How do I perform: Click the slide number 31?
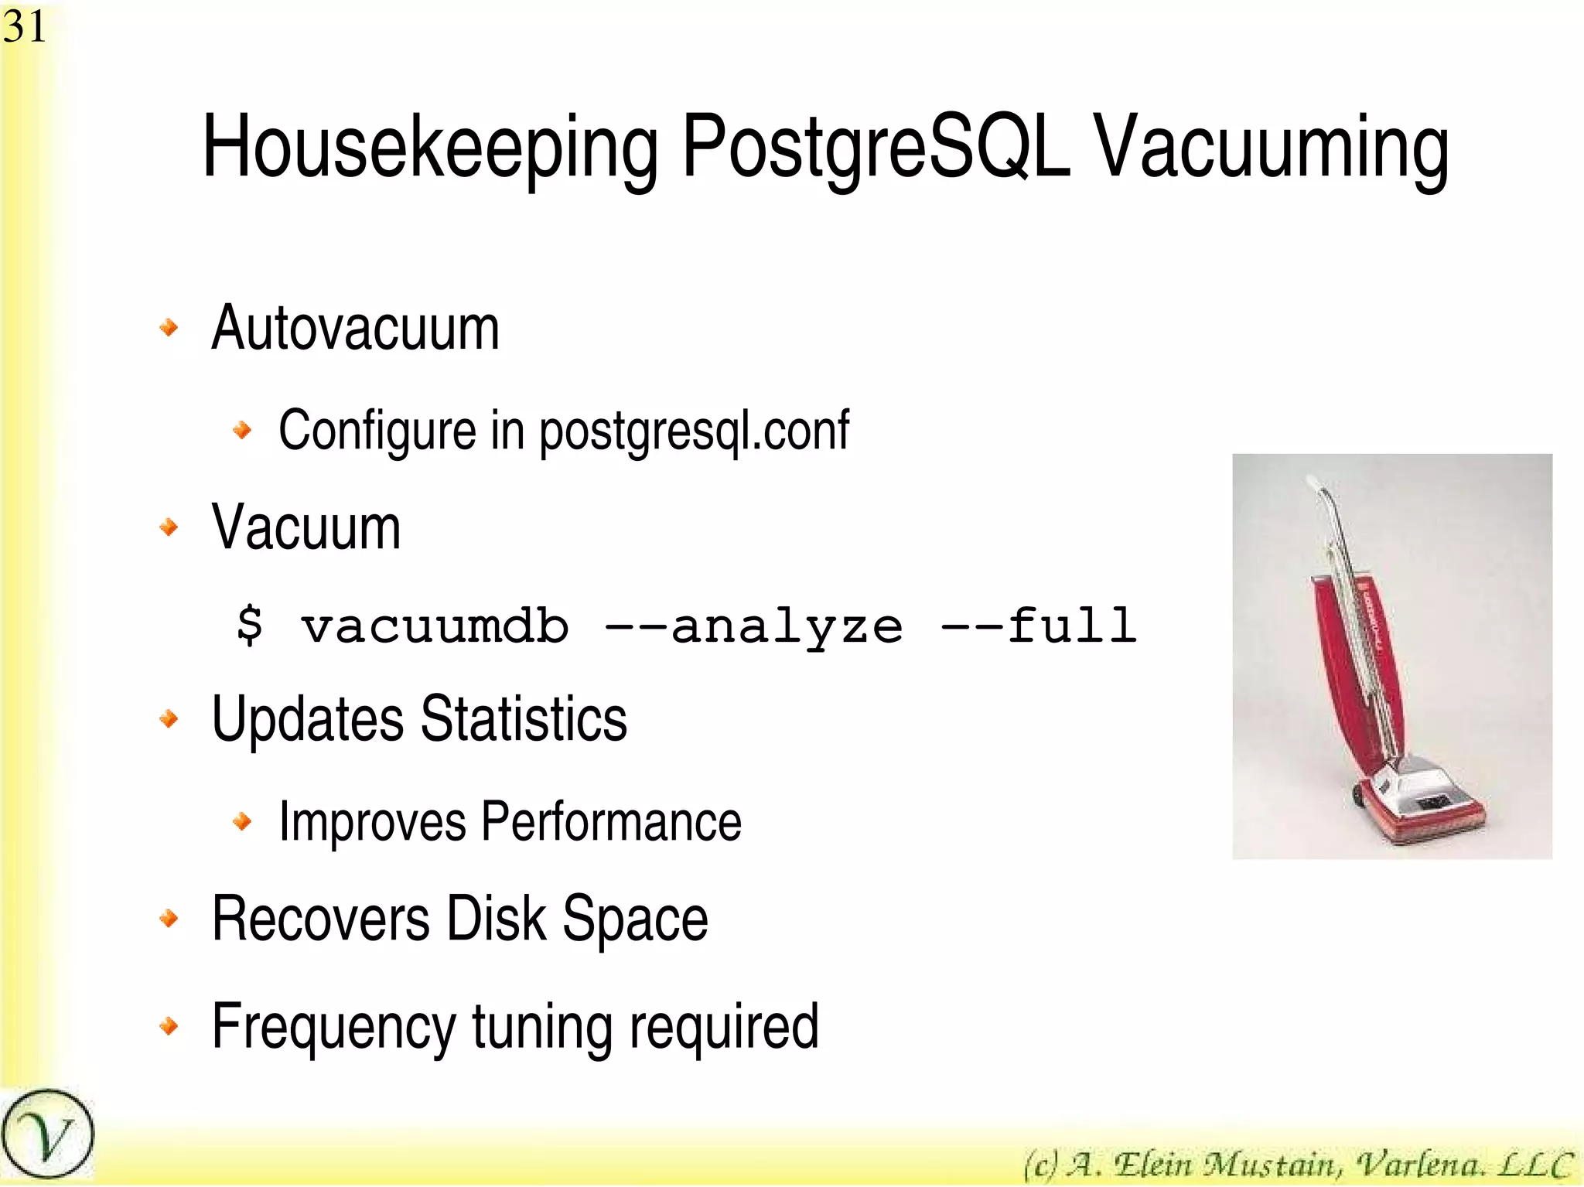pos(24,27)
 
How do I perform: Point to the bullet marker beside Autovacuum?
pos(169,328)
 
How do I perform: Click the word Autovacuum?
pos(355,328)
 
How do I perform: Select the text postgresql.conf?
pos(694,431)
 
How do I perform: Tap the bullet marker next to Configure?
pos(242,429)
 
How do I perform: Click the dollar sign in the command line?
pos(250,625)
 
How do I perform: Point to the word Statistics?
pos(524,719)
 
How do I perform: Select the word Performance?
pos(611,821)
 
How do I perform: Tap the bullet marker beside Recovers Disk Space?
pos(169,919)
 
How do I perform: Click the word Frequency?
pos(333,1027)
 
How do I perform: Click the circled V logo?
pos(47,1135)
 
